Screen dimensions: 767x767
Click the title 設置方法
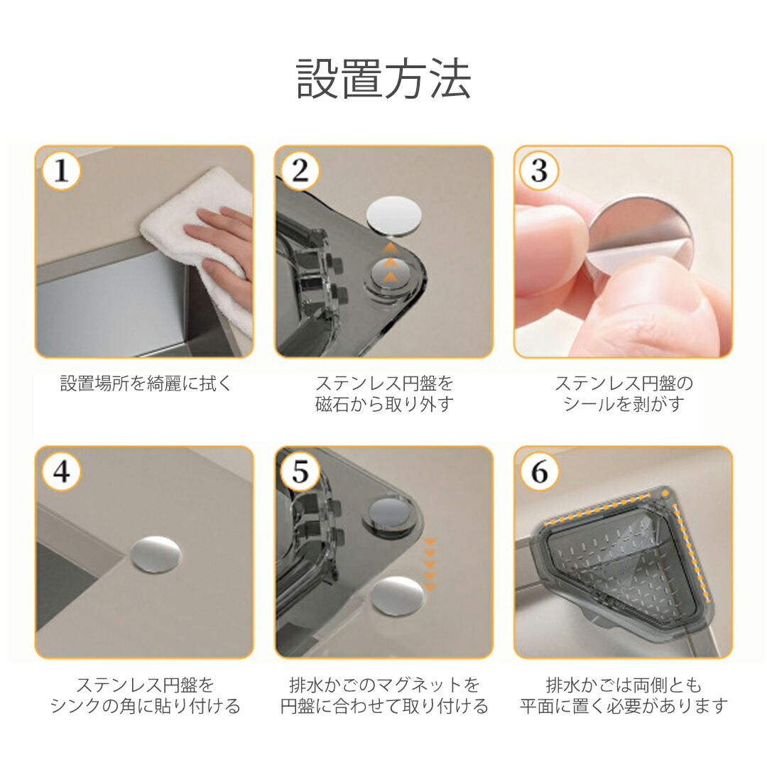pos(383,80)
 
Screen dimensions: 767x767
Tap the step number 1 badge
pos(60,170)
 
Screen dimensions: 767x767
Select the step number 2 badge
pos(300,170)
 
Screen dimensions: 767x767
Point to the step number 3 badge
pos(539,170)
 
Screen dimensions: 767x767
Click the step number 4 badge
pos(60,472)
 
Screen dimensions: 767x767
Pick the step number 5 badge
pos(300,472)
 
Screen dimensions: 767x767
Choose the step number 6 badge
pos(539,472)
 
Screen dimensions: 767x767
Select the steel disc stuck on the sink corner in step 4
pos(156,554)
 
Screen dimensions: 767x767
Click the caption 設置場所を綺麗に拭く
pos(146,383)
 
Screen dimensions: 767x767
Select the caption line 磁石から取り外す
pos(384,405)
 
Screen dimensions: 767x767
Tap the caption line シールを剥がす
pos(624,405)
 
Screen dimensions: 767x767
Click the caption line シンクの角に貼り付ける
pos(146,706)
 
